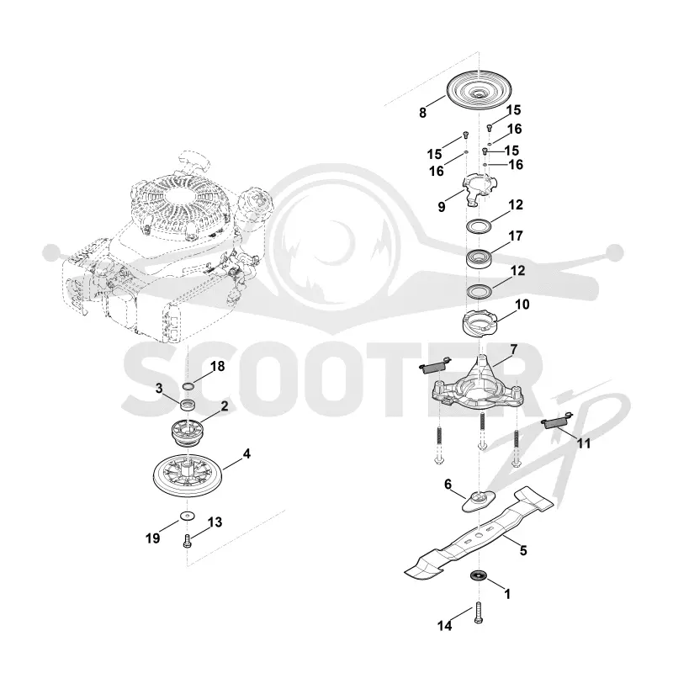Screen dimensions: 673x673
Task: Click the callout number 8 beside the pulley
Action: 423,113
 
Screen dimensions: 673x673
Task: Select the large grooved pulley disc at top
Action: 479,91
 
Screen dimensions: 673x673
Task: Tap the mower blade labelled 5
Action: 479,533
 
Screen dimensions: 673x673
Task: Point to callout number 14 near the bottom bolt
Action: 445,626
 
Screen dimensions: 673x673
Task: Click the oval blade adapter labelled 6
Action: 479,501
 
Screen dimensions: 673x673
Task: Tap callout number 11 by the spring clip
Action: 584,443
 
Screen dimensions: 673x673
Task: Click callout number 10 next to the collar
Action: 522,305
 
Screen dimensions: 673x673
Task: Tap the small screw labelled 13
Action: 187,541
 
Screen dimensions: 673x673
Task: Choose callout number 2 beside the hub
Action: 225,406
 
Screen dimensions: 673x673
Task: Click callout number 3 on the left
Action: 159,389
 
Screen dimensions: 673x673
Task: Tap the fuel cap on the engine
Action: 257,199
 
